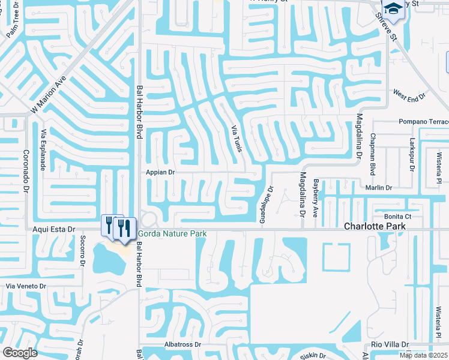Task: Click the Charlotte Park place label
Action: (375, 226)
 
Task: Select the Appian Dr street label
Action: (160, 172)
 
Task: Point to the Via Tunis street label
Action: (237, 138)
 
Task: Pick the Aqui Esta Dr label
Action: (53, 229)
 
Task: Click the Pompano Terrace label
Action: (424, 122)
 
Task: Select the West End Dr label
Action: (409, 94)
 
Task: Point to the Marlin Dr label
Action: (379, 188)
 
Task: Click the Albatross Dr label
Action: (182, 345)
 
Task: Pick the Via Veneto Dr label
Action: (26, 287)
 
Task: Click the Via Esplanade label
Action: (43, 150)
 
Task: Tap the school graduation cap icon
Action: (393, 8)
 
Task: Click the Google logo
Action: (20, 352)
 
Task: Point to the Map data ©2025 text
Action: (423, 355)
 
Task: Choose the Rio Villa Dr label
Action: (390, 344)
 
